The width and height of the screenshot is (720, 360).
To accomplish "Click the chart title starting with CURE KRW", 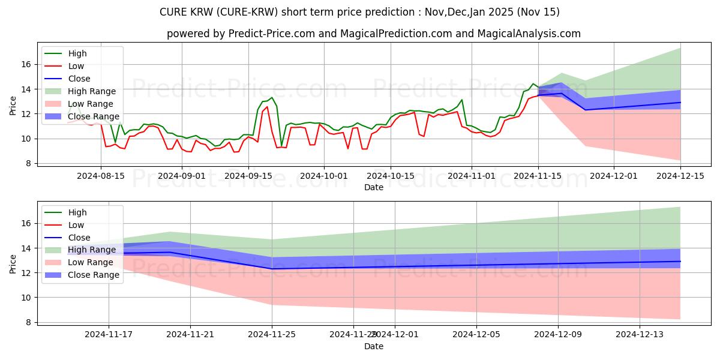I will point(360,12).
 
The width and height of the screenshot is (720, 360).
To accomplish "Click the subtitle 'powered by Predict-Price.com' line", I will point(373,34).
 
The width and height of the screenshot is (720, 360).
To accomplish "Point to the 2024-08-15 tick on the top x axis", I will point(100,176).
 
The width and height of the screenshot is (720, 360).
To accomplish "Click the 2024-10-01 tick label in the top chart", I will point(324,176).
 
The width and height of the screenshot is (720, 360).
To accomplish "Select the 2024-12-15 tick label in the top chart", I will point(680,176).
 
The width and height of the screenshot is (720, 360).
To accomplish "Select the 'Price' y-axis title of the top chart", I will point(13,105).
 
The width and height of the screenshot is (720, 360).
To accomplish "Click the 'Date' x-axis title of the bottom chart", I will point(373,346).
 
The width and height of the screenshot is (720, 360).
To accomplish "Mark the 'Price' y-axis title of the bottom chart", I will point(13,264).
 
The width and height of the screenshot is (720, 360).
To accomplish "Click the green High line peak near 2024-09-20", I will point(272,97).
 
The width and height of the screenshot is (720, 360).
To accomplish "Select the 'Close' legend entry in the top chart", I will point(79,79).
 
